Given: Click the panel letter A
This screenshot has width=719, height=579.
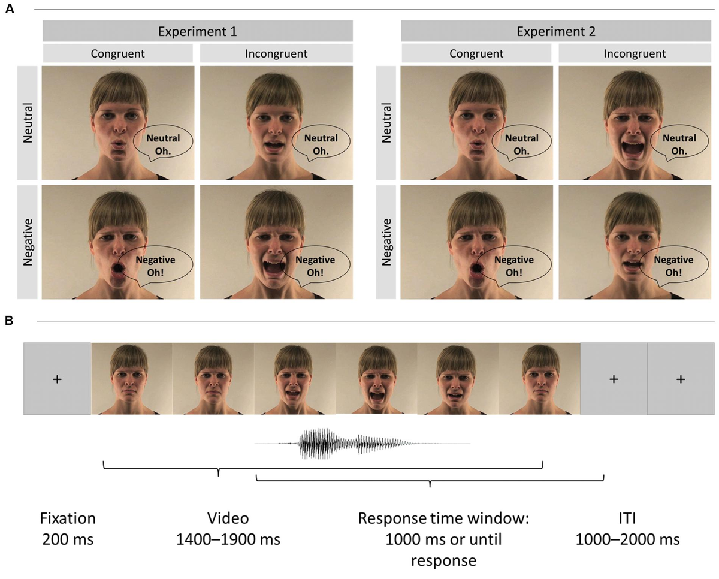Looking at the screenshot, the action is click(10, 9).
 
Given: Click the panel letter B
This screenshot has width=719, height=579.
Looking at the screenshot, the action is click(10, 321).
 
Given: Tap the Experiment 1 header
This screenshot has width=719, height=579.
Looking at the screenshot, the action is click(198, 31).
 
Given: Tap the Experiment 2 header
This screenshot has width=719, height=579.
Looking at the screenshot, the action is click(556, 31).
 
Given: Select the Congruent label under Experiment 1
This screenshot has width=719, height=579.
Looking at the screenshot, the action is click(117, 53).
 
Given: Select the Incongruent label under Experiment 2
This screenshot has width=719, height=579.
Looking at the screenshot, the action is click(635, 53).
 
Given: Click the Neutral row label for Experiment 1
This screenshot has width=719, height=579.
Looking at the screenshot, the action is click(28, 123).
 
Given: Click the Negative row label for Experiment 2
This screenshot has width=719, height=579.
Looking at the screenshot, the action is click(386, 242).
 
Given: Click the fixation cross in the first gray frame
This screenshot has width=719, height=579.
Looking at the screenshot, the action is click(57, 379).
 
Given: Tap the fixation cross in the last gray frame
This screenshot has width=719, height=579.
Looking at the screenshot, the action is click(681, 379).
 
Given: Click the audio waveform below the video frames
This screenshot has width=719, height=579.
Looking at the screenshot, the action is click(362, 444).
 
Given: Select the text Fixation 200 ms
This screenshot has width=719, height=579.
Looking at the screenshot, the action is click(68, 529).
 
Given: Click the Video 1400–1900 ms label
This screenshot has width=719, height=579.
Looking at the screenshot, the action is click(228, 529).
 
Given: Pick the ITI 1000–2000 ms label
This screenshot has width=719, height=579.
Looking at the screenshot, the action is click(627, 529).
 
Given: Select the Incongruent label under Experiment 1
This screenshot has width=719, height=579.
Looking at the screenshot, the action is click(276, 53).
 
